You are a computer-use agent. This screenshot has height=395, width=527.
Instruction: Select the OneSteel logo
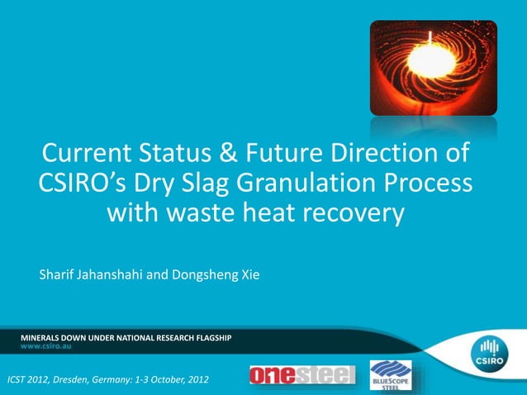click(301, 376)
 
